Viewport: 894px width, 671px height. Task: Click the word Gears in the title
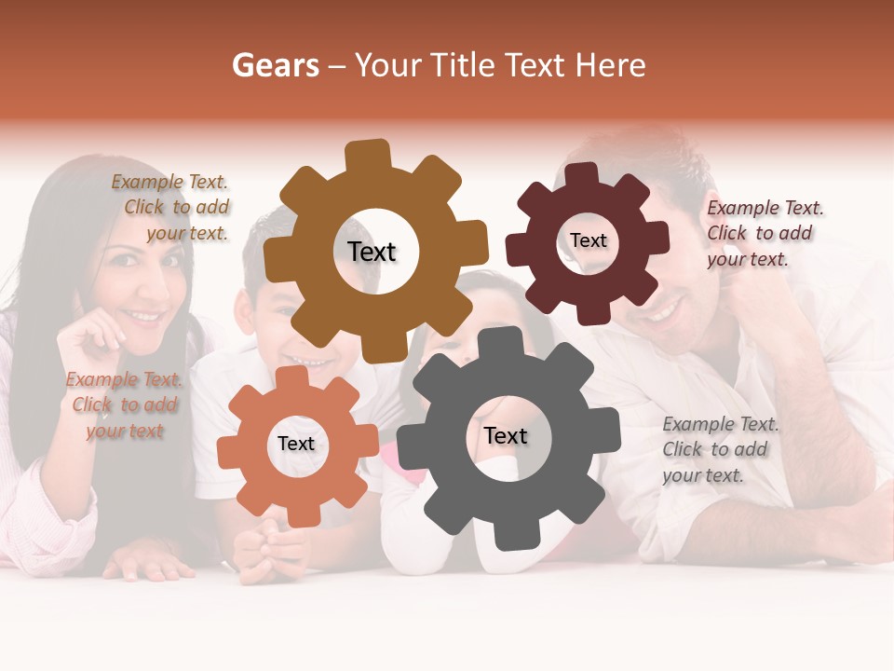coord(276,65)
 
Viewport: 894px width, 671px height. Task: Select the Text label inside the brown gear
coord(372,252)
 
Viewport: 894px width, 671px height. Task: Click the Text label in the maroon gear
coord(589,240)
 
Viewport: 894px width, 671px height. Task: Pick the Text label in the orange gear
coord(296,444)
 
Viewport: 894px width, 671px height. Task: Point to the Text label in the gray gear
coord(506,435)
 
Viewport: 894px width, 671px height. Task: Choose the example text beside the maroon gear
coord(763,233)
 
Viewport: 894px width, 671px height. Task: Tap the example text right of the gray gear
coord(719,449)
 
